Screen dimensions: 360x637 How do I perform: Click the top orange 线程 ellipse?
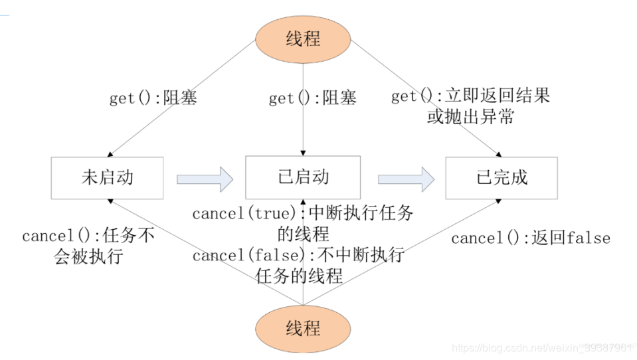(303, 38)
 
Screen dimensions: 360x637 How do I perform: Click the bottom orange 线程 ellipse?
(303, 327)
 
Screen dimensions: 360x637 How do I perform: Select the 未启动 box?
(107, 177)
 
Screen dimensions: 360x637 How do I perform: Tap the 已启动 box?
(303, 177)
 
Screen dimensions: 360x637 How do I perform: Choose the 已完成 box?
(502, 177)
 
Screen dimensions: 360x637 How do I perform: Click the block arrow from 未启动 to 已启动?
(205, 178)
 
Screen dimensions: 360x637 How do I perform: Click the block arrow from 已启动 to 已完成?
(406, 178)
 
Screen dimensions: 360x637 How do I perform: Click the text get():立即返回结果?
(470, 96)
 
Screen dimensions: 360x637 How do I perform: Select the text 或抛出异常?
(470, 118)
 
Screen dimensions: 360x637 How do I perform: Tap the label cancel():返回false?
(530, 238)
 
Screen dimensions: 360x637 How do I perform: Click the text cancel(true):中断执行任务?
(302, 214)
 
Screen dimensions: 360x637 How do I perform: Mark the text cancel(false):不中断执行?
(298, 256)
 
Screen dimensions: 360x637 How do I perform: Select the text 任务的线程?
(299, 276)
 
